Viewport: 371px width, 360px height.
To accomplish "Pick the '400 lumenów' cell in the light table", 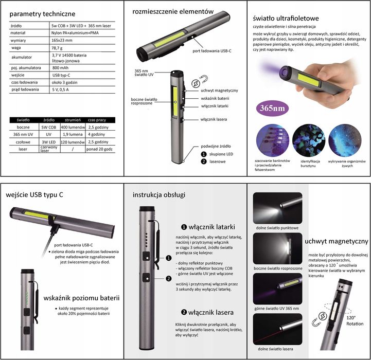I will point(71,127).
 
